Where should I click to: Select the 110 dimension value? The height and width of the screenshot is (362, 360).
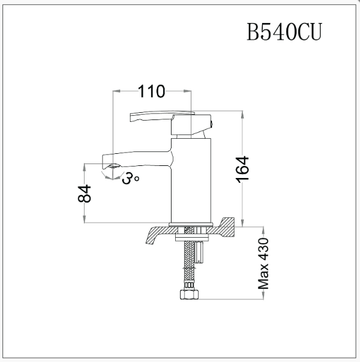[152, 92]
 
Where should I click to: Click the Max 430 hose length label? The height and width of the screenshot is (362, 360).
[263, 264]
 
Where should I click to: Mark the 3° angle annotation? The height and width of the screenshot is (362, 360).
[130, 178]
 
